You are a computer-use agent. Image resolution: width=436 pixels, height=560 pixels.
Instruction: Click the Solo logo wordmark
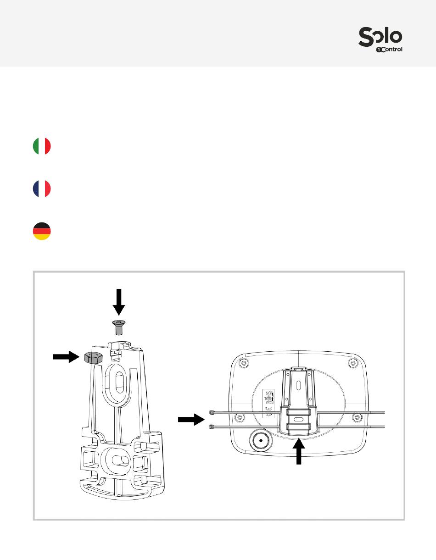coord(380,36)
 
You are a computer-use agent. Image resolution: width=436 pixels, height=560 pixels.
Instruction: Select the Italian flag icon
coord(42,146)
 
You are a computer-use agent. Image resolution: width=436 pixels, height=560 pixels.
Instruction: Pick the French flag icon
coord(42,189)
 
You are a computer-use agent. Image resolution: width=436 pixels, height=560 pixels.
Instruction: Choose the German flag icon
coord(42,231)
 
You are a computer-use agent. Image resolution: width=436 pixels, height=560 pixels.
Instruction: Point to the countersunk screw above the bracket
coord(119,327)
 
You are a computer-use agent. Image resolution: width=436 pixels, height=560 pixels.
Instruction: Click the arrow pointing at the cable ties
coord(190,419)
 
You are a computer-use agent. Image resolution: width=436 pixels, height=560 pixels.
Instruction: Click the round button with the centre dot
coord(261,440)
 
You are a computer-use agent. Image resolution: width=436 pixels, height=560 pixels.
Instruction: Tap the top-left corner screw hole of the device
coord(244,363)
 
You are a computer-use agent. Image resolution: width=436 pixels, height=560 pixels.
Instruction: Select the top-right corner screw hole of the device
coord(352,363)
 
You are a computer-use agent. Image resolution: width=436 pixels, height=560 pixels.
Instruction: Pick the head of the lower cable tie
coord(212,427)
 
